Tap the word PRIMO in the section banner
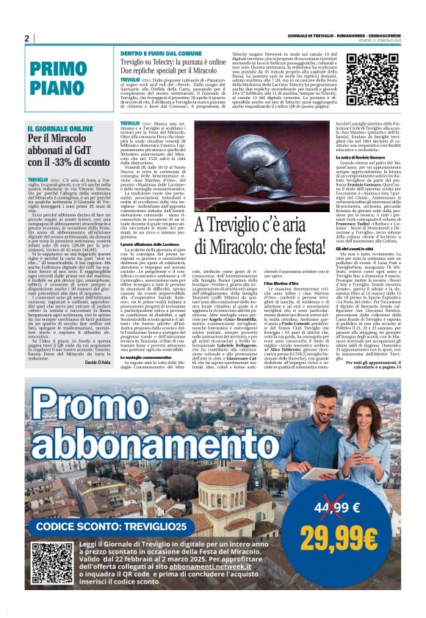point(57,71)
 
